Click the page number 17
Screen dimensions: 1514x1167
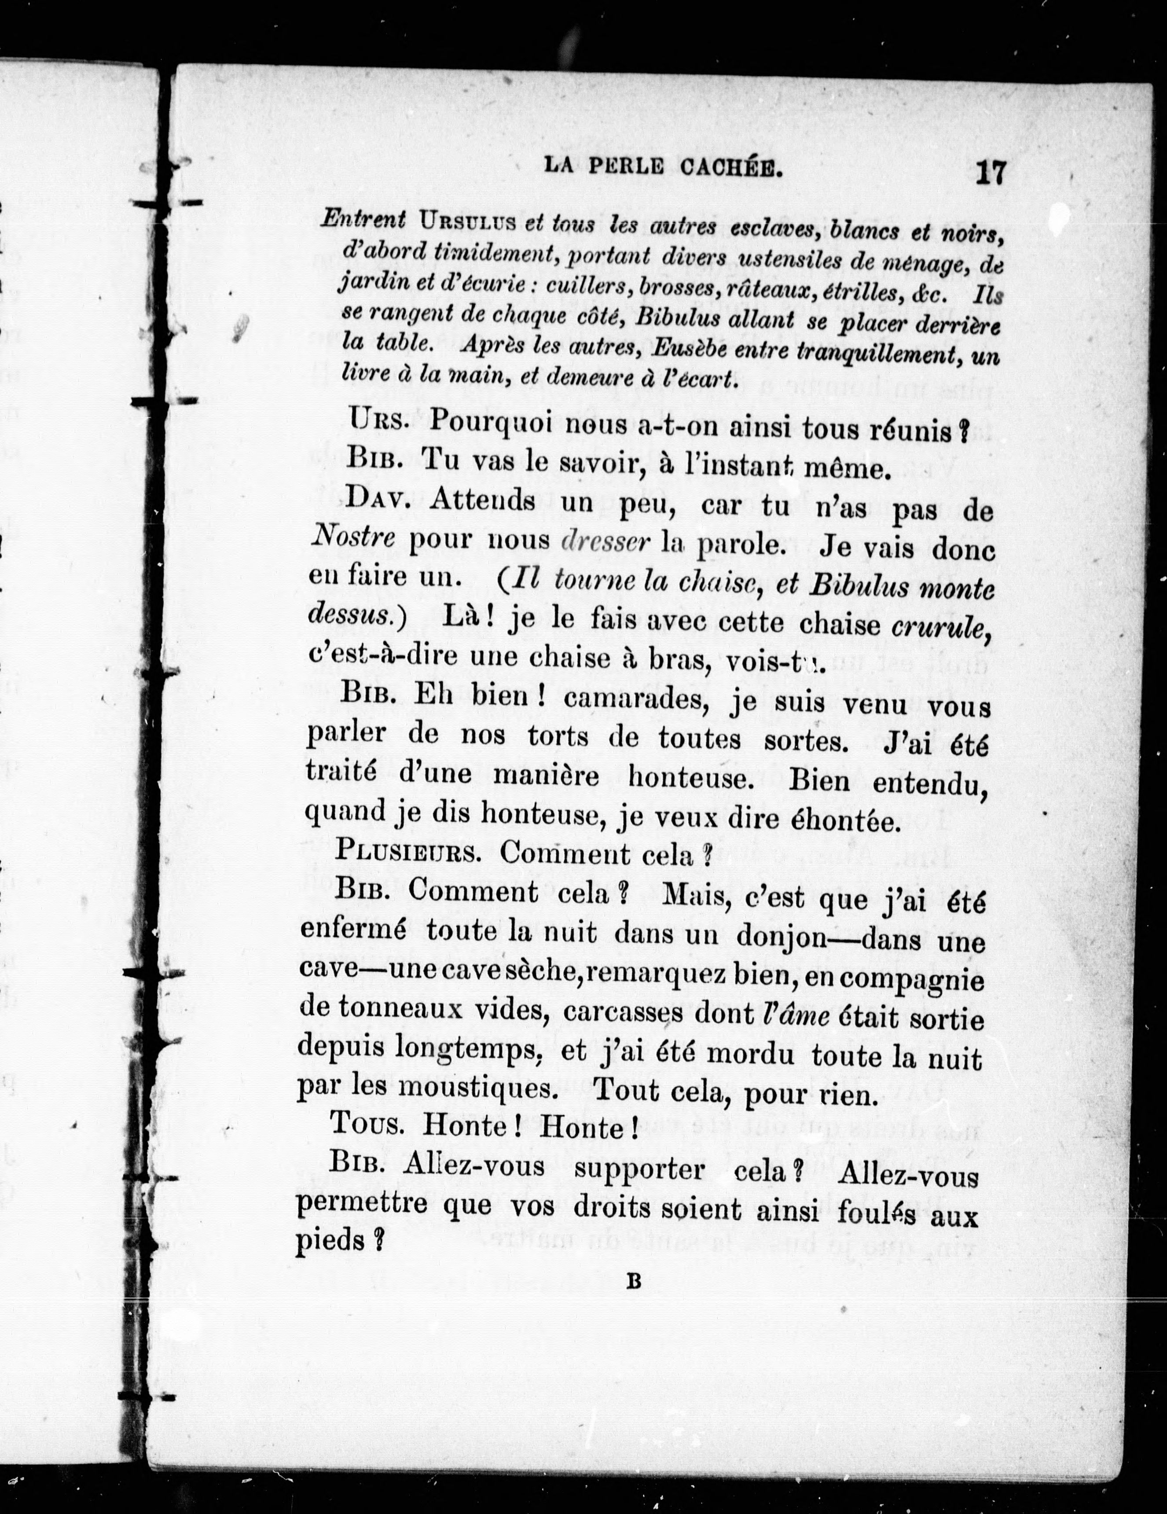point(990,172)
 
